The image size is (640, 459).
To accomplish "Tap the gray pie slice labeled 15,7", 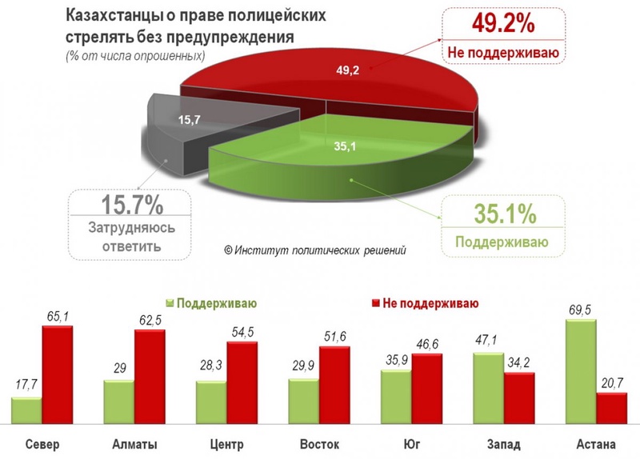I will click(188, 124).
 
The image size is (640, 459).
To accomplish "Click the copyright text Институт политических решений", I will click(315, 249).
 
